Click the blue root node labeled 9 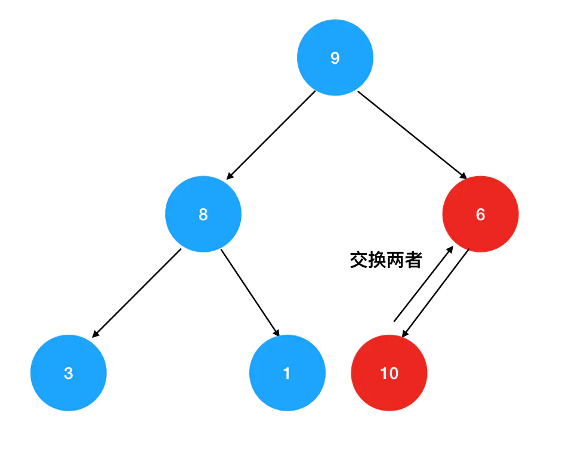click(335, 58)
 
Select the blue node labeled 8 click(203, 214)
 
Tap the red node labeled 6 click(481, 214)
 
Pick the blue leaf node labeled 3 click(69, 373)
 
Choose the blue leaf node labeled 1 click(287, 373)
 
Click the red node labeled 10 click(389, 373)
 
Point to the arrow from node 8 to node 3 click(137, 293)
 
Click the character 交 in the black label click(359, 260)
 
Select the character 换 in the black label click(377, 260)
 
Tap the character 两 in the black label click(395, 260)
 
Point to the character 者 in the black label click(413, 260)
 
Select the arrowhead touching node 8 click(229, 175)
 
